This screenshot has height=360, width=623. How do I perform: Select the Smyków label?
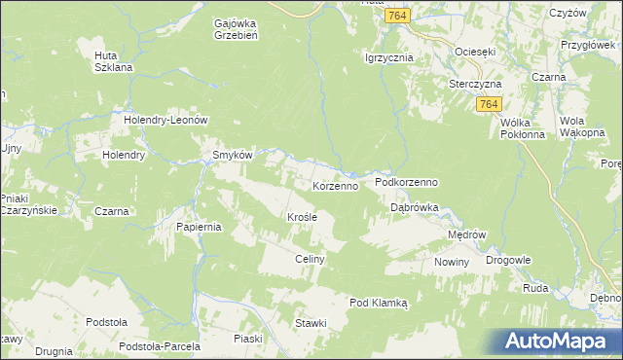point(233,155)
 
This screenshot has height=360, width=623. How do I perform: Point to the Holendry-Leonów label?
point(167,120)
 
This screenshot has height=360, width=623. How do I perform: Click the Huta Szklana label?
point(112,61)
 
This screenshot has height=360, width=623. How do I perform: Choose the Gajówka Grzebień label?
point(234,27)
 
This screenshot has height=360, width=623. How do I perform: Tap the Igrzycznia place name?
point(389,57)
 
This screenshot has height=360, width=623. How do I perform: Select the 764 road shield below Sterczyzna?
point(490,104)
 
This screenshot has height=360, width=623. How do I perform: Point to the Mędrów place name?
point(465,235)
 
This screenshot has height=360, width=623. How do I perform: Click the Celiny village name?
point(309,260)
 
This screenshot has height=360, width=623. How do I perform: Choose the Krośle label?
point(302,217)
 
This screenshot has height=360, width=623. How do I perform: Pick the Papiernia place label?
point(200,227)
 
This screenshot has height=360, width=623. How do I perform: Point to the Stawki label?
point(311,321)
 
